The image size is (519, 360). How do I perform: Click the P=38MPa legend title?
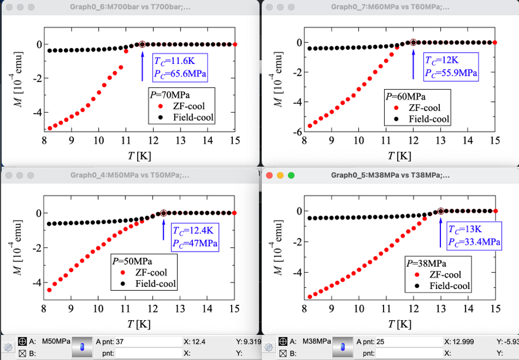pyautogui.click(x=426, y=264)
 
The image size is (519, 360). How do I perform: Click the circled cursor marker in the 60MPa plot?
pyautogui.click(x=413, y=42)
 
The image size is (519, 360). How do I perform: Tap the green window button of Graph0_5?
pyautogui.click(x=291, y=175)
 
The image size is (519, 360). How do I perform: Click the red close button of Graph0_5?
pyautogui.click(x=270, y=175)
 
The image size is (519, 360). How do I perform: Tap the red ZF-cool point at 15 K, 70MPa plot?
pyautogui.click(x=234, y=44)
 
